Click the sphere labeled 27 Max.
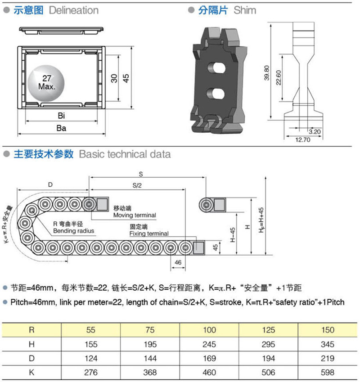click(x=46, y=84)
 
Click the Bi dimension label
click(x=61, y=116)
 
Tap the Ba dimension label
click(x=61, y=128)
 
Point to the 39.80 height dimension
click(x=267, y=73)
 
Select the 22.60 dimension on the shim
click(x=279, y=78)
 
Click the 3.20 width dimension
click(x=315, y=132)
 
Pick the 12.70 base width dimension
click(x=303, y=140)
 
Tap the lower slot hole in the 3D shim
click(x=216, y=93)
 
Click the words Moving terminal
click(x=135, y=215)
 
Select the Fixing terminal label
click(x=149, y=234)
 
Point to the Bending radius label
click(x=73, y=231)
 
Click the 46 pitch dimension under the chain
click(x=178, y=262)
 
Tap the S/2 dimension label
click(x=137, y=185)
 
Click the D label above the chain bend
click(x=50, y=184)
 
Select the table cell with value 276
click(x=91, y=373)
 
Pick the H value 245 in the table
click(x=209, y=344)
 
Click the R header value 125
click(x=268, y=330)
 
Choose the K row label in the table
click(x=31, y=373)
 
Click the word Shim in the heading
click(x=245, y=10)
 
